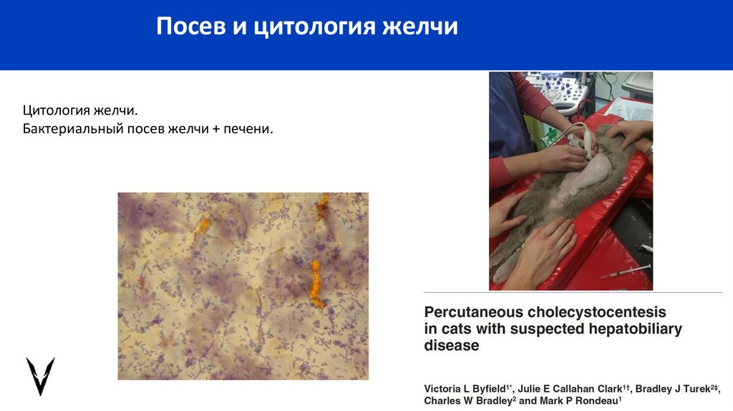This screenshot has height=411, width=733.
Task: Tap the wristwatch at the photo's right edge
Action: click(x=649, y=151)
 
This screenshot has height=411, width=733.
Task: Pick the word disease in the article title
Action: click(x=451, y=346)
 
